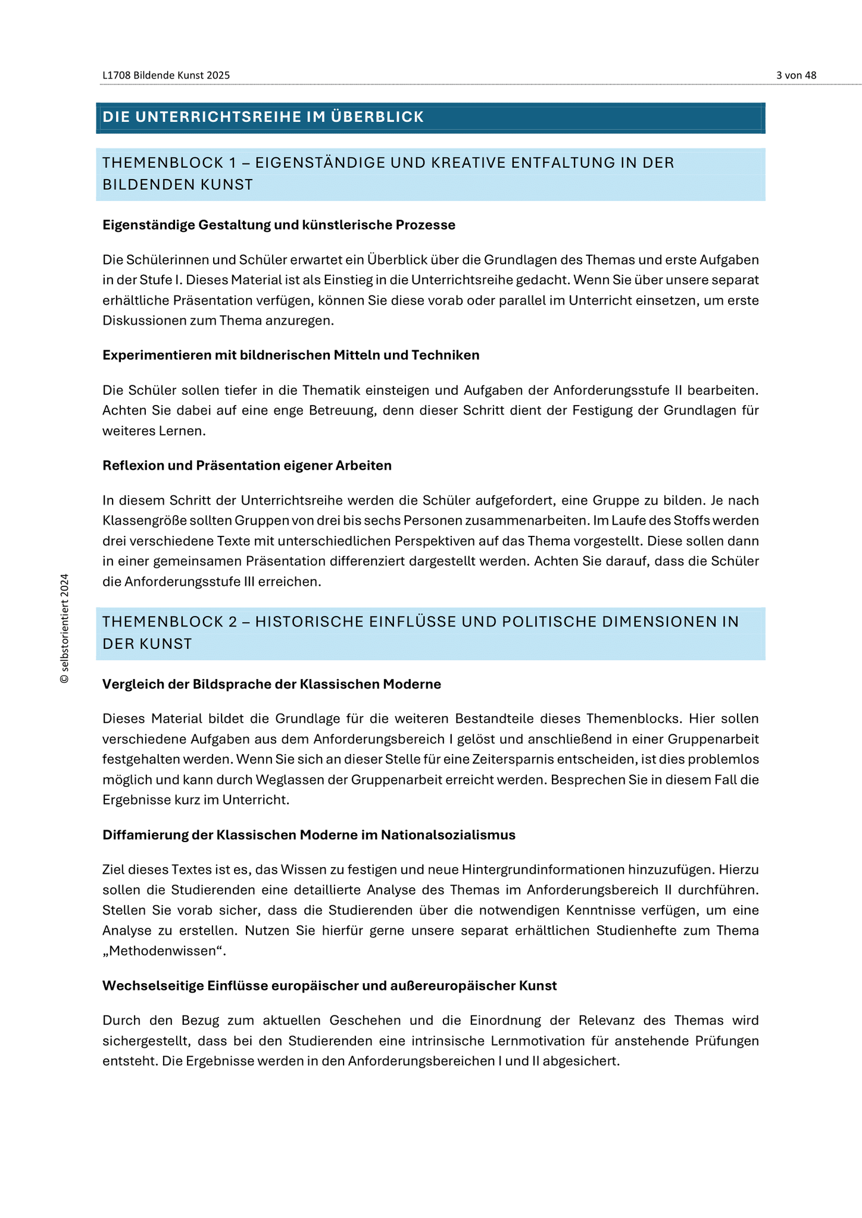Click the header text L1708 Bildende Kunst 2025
(x=166, y=76)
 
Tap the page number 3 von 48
(x=796, y=76)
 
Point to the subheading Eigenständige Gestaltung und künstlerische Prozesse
(x=279, y=225)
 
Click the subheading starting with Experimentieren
(x=291, y=355)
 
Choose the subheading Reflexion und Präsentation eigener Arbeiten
(x=247, y=466)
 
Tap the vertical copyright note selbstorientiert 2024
(x=65, y=628)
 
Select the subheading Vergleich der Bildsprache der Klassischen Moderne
(x=271, y=684)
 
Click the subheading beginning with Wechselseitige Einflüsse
(x=329, y=986)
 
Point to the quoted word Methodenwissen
(x=164, y=951)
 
